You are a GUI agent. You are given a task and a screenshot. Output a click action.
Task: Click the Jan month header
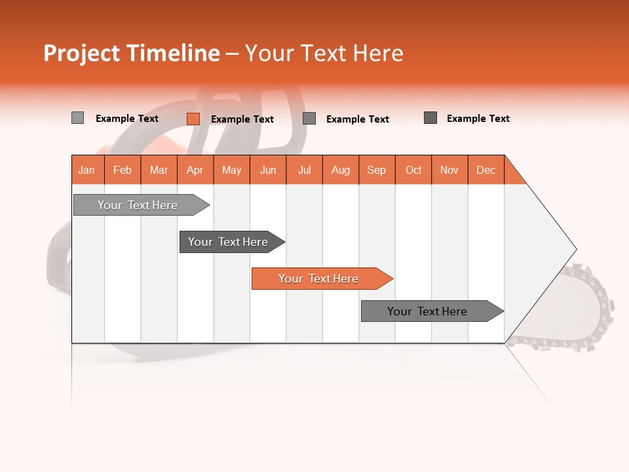click(x=87, y=170)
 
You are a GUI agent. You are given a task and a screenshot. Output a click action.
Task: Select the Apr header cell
click(x=195, y=170)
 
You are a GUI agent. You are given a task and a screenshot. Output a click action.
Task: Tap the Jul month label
click(x=304, y=170)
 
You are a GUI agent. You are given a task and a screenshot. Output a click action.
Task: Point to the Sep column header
click(x=376, y=170)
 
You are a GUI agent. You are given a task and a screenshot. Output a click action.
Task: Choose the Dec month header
click(x=486, y=170)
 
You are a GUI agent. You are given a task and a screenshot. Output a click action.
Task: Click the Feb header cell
click(x=123, y=170)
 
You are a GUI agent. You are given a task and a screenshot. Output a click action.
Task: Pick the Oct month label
click(x=413, y=170)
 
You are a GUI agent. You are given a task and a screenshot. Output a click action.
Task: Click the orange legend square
click(x=193, y=119)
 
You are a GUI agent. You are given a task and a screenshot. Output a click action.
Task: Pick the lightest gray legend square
click(x=77, y=118)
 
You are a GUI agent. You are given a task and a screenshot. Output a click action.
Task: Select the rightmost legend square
click(x=430, y=118)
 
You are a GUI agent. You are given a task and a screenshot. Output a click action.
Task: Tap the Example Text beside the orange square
click(x=242, y=119)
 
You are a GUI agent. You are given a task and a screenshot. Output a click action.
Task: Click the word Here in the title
click(x=378, y=53)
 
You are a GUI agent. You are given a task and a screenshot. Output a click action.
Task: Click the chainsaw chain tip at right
click(x=606, y=305)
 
